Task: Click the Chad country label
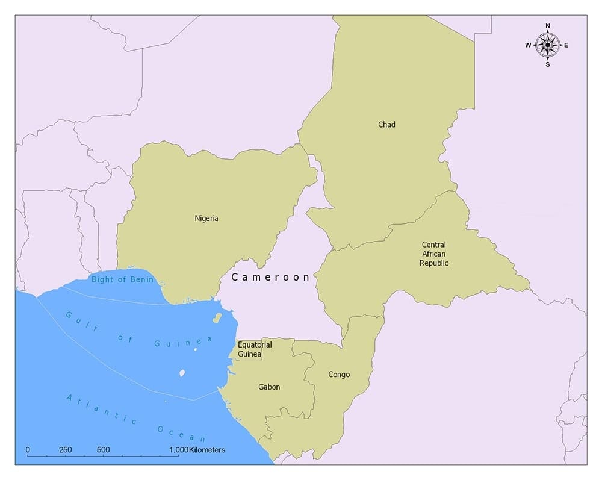tap(386, 125)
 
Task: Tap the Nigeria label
tap(206, 218)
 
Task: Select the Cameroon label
tap(270, 277)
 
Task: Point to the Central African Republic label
tap(433, 254)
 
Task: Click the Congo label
tap(339, 375)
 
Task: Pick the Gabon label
tap(269, 387)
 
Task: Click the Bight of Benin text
tap(123, 279)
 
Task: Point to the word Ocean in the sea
tap(181, 434)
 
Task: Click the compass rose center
tap(547, 45)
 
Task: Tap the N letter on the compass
tap(547, 26)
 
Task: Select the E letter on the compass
tap(566, 45)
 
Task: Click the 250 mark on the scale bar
tap(66, 450)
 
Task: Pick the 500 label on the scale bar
tap(103, 450)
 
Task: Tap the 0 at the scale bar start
tap(28, 450)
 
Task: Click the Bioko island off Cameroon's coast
tap(217, 317)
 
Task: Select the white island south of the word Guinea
tap(182, 373)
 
